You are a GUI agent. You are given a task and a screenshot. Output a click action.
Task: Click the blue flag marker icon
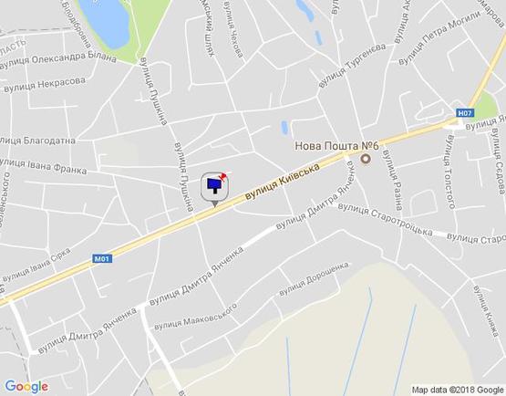click(x=214, y=186)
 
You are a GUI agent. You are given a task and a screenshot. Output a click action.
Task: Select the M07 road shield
click(x=465, y=113)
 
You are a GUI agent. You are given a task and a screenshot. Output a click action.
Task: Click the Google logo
click(x=26, y=386)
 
